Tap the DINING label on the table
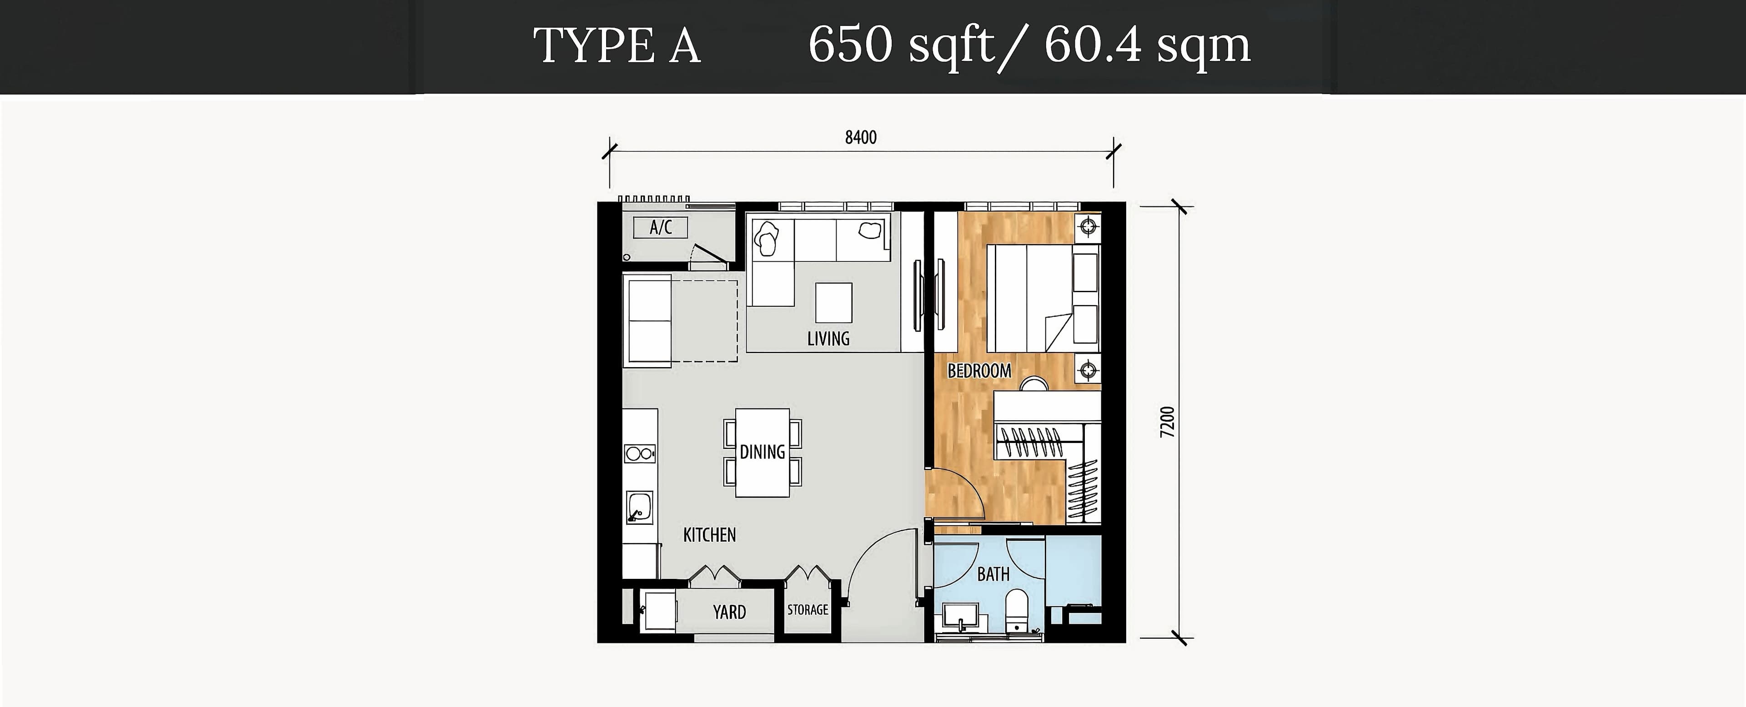coord(762,452)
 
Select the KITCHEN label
coord(709,535)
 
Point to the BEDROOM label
coord(979,371)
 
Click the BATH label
coord(993,574)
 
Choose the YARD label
coord(729,612)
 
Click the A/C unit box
coord(660,228)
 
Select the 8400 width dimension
coord(861,138)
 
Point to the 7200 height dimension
coord(1166,422)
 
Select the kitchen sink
coord(165,508)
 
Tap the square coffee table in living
coord(833,303)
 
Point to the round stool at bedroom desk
coord(1035,385)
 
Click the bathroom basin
coord(960,617)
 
